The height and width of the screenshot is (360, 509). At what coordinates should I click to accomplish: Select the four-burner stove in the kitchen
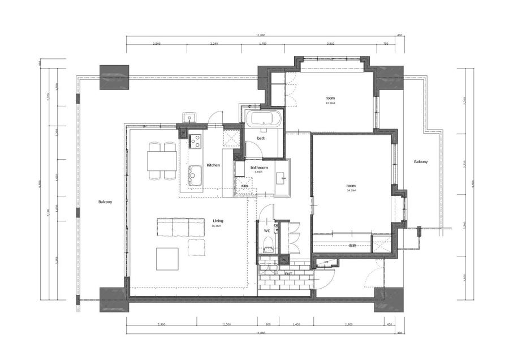pyautogui.click(x=195, y=139)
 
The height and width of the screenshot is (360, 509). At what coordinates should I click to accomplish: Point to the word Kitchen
pyautogui.click(x=213, y=165)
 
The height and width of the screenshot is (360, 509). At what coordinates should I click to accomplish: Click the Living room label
pyautogui.click(x=217, y=221)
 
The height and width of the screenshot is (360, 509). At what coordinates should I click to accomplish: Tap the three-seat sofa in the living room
pyautogui.click(x=180, y=228)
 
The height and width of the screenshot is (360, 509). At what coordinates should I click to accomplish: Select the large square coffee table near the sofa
pyautogui.click(x=168, y=258)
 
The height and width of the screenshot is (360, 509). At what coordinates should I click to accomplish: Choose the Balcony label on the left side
pyautogui.click(x=105, y=202)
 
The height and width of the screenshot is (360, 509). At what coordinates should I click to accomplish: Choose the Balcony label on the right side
pyautogui.click(x=421, y=162)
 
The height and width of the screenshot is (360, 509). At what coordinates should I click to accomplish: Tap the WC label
pyautogui.click(x=267, y=231)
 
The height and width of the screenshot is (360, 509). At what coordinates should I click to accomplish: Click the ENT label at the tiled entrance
pyautogui.click(x=288, y=273)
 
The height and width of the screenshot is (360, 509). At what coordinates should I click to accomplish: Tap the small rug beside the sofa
pyautogui.click(x=196, y=246)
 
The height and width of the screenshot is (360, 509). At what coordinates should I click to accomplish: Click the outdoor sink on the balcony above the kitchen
pyautogui.click(x=188, y=118)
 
